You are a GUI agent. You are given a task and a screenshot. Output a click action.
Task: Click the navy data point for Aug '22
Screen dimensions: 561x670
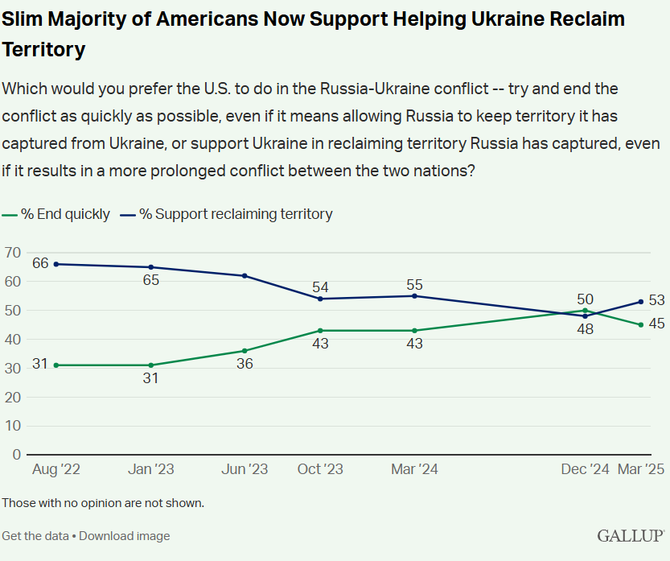[55, 264]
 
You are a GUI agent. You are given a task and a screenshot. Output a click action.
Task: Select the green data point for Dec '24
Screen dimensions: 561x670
[586, 310]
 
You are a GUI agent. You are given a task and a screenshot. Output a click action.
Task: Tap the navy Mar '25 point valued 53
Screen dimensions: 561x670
[640, 302]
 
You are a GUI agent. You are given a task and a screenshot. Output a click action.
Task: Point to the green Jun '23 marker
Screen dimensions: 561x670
[245, 351]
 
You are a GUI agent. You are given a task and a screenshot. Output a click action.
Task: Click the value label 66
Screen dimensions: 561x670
[40, 263]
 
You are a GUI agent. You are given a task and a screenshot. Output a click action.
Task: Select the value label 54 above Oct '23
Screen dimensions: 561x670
[321, 287]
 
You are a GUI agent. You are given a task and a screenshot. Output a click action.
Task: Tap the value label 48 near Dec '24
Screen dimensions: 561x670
[585, 329]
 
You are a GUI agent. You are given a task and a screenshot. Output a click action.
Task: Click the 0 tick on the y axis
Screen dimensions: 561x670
[16, 454]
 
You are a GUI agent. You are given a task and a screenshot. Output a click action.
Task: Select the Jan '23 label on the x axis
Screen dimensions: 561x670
[150, 469]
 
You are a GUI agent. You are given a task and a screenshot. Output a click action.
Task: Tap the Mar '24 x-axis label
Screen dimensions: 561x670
[414, 469]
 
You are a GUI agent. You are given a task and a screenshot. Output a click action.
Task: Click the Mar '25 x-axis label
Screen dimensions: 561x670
[640, 469]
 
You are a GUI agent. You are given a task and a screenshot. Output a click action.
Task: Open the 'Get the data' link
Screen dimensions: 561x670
[35, 535]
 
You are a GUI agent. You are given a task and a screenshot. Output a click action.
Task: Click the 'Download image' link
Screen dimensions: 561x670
[124, 535]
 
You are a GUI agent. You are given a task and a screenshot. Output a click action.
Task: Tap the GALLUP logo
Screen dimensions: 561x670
[631, 535]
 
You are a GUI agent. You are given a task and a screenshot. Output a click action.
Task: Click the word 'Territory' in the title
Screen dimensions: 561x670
[43, 49]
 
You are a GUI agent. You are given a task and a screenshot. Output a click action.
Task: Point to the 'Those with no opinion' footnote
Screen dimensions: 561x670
[103, 503]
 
